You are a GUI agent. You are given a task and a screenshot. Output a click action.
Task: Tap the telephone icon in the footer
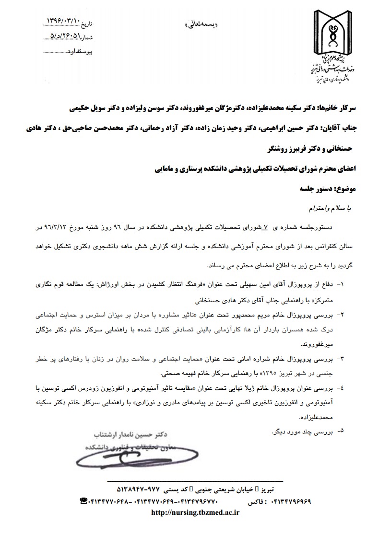[x=83, y=501]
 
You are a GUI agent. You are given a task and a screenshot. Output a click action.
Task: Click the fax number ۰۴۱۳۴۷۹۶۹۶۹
[x=291, y=501]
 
